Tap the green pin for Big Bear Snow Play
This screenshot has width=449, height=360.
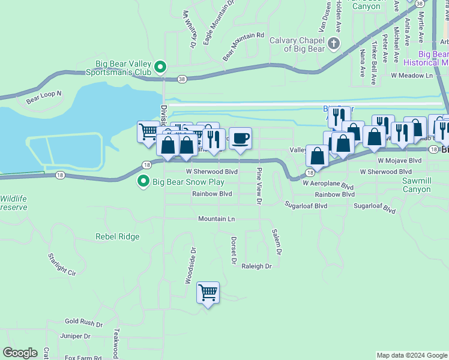tap(143, 181)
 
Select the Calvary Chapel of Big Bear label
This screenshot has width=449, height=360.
tap(297, 44)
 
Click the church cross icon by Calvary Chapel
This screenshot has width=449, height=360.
tap(334, 44)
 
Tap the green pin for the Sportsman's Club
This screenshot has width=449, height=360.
tap(160, 67)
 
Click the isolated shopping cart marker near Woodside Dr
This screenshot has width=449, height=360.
tap(208, 293)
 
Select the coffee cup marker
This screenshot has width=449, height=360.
tap(240, 139)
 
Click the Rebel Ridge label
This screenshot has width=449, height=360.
tap(118, 236)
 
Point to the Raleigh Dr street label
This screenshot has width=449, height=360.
tap(257, 266)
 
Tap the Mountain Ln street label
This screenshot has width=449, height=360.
tap(217, 219)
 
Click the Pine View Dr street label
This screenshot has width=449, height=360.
tap(259, 187)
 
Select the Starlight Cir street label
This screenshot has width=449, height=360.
tap(62, 264)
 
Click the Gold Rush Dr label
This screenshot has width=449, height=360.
tap(83, 322)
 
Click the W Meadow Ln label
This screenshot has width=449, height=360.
tap(412, 76)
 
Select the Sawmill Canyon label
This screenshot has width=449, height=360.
tap(408, 185)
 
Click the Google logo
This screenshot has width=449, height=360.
tap(20, 353)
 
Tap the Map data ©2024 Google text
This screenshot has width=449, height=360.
tap(411, 355)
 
